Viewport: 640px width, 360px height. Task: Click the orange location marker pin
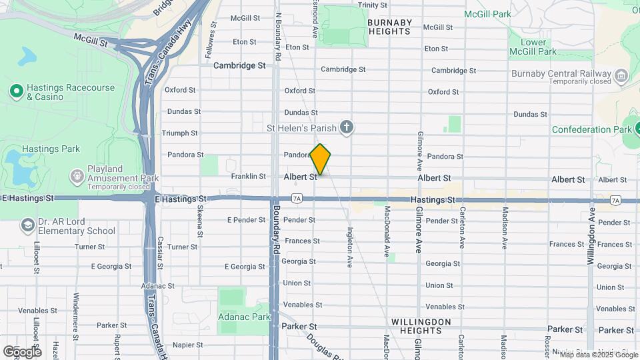(320, 159)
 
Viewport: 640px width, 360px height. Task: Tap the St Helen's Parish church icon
(346, 127)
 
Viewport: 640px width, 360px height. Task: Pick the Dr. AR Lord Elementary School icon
(27, 225)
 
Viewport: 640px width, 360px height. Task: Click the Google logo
(22, 351)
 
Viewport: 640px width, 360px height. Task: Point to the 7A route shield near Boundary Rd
(297, 199)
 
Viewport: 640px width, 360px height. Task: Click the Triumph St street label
(180, 133)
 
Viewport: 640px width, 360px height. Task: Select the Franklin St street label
(248, 177)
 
